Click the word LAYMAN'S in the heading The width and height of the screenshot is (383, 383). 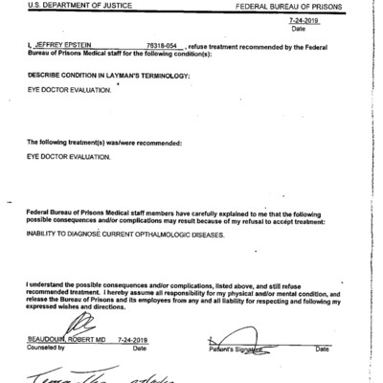point(140,75)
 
